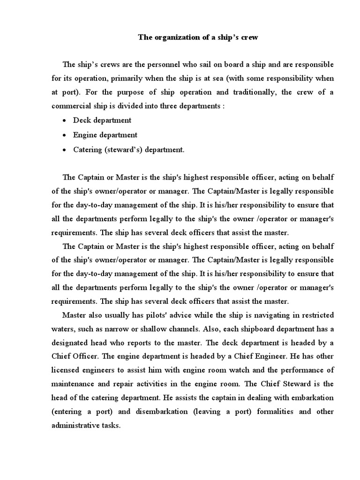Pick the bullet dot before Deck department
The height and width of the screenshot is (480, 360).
(x=64, y=120)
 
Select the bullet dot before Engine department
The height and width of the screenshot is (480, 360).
(x=64, y=135)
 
